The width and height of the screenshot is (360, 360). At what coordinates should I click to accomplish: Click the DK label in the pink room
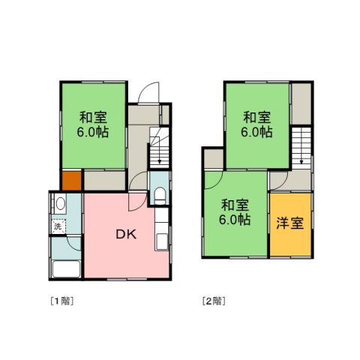pos(125,233)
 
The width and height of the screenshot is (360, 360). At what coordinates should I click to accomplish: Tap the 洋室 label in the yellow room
pos(289,223)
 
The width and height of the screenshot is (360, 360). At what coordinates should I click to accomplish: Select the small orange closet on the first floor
pos(71,181)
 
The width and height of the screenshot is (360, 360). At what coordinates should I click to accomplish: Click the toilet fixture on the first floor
pos(158,196)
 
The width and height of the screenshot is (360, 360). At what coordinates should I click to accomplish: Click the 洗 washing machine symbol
pos(57,226)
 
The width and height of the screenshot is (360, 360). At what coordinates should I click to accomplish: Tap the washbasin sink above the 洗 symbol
pos(58,204)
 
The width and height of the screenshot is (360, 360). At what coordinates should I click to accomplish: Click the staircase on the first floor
pos(160,147)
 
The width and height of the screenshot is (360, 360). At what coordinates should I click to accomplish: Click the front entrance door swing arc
pos(147,91)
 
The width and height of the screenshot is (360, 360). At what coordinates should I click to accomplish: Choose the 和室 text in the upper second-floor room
pos(256,117)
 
